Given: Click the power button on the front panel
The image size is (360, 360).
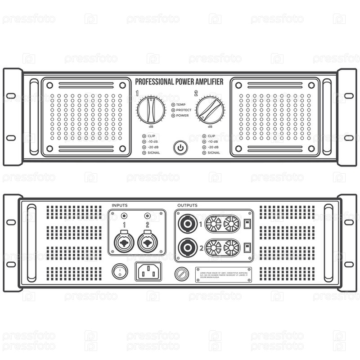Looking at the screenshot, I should (x=180, y=147).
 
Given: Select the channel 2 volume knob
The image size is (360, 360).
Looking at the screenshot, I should (x=210, y=110).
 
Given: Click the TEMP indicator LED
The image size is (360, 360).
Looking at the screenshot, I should (x=173, y=104).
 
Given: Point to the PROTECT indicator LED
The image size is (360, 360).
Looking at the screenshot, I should (x=173, y=110).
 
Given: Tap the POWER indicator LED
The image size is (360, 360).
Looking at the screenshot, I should (x=173, y=115).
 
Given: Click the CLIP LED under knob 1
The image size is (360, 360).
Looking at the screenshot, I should (x=144, y=135).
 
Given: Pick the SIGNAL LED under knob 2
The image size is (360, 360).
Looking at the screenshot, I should (x=204, y=153).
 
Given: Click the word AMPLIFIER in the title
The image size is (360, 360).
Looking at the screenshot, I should (x=206, y=81).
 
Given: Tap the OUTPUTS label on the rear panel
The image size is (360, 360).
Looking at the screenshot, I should (x=187, y=205).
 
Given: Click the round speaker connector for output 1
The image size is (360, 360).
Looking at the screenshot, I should (x=187, y=223).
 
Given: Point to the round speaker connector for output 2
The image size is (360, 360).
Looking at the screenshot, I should (x=187, y=247).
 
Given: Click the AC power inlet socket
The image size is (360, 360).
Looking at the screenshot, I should (x=149, y=271).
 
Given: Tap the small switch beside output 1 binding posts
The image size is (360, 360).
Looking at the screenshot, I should (x=247, y=223).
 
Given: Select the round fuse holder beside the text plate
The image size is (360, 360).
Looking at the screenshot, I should (x=182, y=274).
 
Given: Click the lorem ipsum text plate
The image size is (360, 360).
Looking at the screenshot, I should (x=223, y=274).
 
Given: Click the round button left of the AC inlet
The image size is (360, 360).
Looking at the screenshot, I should (x=120, y=271).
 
